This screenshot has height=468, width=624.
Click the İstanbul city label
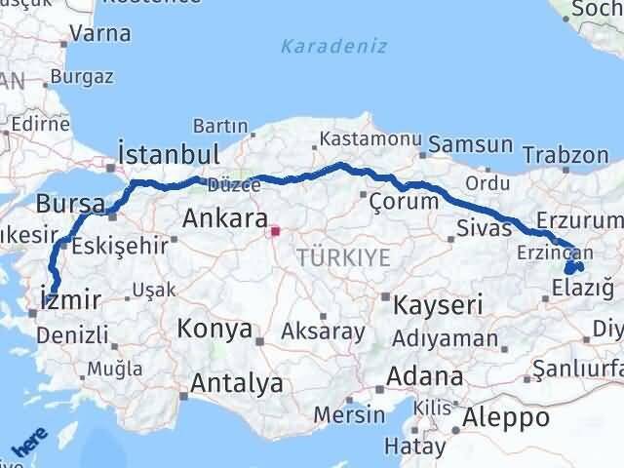168,154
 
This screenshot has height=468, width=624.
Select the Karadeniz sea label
333,46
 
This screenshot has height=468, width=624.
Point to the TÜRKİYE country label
343,257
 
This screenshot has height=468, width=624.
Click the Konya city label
214,330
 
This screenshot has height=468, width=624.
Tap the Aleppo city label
508,418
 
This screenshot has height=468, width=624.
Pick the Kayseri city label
438,305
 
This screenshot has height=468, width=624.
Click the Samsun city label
471,145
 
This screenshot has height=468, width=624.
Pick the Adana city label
424,376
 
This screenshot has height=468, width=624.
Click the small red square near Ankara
275,232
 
